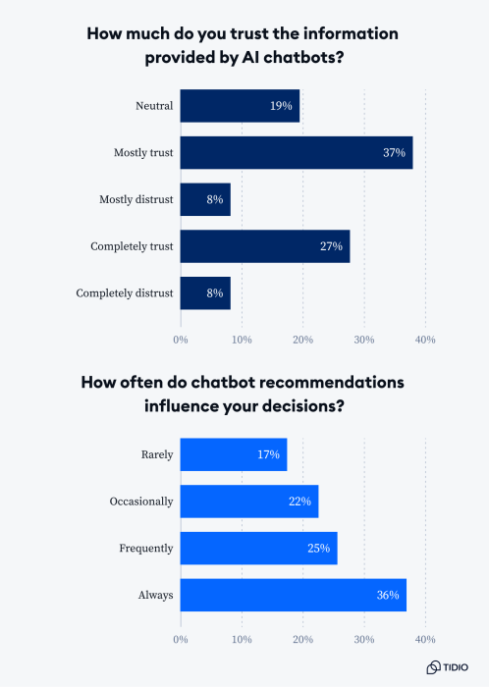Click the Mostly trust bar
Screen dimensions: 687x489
coord(296,152)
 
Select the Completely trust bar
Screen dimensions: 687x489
coord(264,246)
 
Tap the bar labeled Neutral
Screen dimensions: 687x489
coord(240,105)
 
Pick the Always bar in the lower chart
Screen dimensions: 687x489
coord(293,595)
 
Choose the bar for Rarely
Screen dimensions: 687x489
coord(233,454)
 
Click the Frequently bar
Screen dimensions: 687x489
coord(258,548)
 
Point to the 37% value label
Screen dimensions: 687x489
coord(394,152)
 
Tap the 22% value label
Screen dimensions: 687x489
coord(299,502)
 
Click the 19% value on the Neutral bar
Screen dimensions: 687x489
coord(281,105)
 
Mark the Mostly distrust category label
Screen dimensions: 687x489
coord(136,199)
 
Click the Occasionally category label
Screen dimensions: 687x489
coord(141,502)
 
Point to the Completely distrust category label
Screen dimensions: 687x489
coord(124,292)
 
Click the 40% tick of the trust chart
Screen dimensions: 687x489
coord(425,339)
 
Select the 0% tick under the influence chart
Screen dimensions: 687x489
coord(181,640)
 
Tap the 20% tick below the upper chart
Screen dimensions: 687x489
coord(302,339)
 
